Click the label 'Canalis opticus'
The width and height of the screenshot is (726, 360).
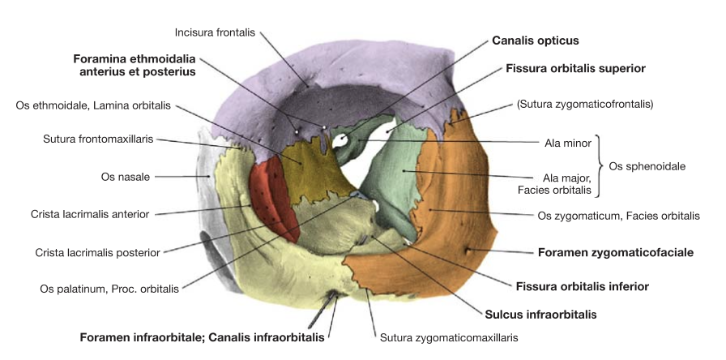click(x=536, y=41)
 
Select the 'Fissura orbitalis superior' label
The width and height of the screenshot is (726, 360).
click(x=575, y=69)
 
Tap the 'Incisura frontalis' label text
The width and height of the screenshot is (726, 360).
click(x=215, y=32)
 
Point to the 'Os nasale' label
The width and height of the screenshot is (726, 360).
click(x=126, y=177)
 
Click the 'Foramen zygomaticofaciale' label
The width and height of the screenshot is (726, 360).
click(x=616, y=252)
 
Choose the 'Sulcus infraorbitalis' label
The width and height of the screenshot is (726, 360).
click(x=540, y=315)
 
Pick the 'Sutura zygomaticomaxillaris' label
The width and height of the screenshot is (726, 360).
click(x=449, y=338)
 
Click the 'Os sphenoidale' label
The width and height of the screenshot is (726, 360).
click(x=647, y=166)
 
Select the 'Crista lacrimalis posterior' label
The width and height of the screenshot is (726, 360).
click(x=98, y=253)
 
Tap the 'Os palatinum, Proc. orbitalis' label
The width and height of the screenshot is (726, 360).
click(x=109, y=289)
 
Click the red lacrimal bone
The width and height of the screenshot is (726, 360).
click(x=272, y=197)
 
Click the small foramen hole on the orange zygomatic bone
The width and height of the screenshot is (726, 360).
click(x=468, y=251)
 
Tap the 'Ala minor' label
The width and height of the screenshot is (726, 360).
click(x=568, y=144)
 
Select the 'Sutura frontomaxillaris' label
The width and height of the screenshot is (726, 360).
click(x=98, y=139)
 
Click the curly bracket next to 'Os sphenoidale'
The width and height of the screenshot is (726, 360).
click(x=599, y=166)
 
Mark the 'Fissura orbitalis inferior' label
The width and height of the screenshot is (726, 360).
click(x=583, y=287)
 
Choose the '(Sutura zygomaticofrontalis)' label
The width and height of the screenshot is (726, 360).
click(x=585, y=105)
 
